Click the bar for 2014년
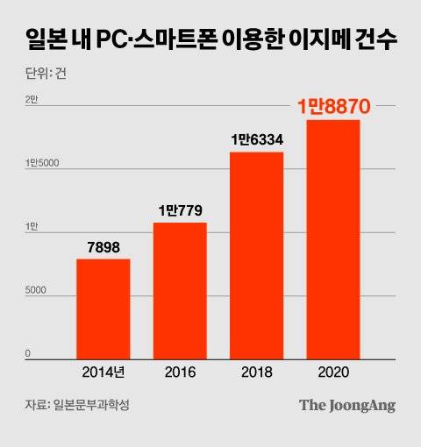[103, 309]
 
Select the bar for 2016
[180, 291]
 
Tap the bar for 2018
[256, 255]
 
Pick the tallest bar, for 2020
[332, 239]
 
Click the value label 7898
[103, 246]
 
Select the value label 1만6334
[257, 139]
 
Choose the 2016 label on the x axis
[180, 372]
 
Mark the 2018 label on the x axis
[256, 372]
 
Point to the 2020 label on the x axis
[332, 372]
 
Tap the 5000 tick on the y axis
[35, 291]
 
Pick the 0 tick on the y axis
[28, 354]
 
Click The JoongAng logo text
[347, 405]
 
